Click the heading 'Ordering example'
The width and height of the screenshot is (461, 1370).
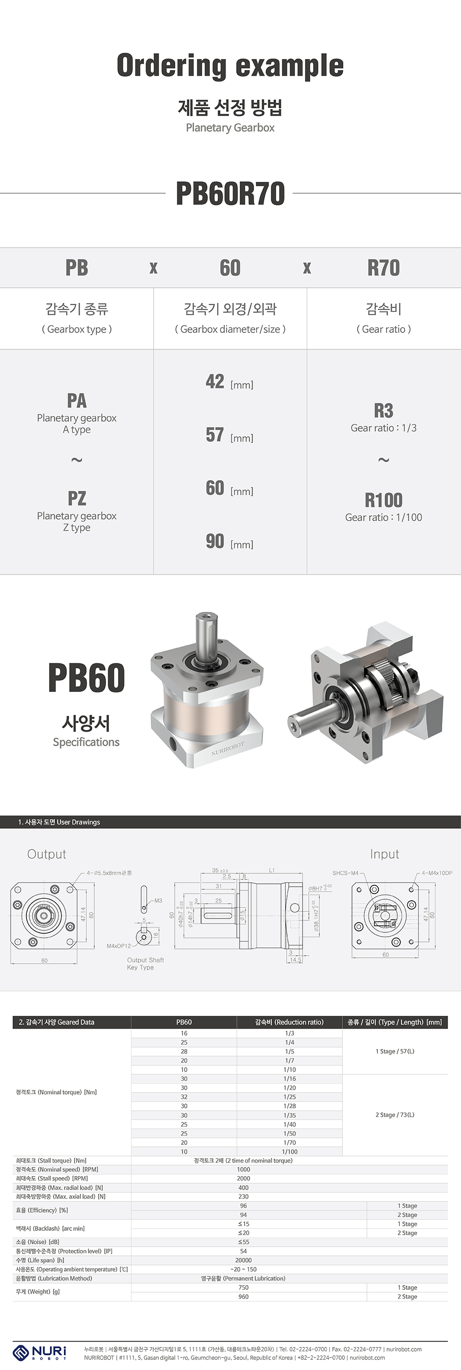pos(230,66)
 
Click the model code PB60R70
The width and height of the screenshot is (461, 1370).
pos(230,193)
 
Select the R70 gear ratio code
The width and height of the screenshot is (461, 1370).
pos(383,267)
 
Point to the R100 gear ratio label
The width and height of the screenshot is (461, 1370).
pos(383,500)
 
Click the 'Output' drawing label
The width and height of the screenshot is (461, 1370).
pos(47,854)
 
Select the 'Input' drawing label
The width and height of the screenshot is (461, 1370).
pos(384,854)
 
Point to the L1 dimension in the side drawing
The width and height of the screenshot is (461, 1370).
pos(271,870)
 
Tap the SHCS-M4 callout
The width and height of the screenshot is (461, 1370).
pos(345,873)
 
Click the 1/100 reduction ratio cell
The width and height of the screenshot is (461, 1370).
pos(290,1151)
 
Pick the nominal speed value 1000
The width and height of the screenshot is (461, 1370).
pos(243,1169)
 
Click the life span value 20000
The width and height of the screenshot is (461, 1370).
pos(243,1260)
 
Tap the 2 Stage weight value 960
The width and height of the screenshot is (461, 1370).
pos(243,1297)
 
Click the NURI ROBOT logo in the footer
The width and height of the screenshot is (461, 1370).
pos(40,1352)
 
